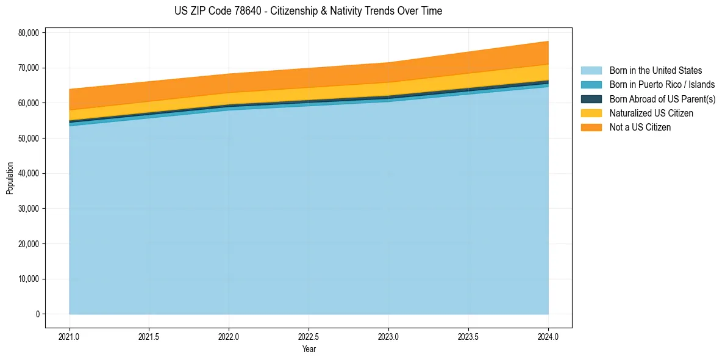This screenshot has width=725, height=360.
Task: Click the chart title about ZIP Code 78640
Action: pos(309,11)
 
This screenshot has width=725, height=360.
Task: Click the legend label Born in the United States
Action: pos(655,71)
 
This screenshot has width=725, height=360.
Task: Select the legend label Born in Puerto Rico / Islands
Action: pos(662,85)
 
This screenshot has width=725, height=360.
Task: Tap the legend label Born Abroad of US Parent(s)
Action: pos(662,99)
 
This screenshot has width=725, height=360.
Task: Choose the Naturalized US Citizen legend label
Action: pos(651,113)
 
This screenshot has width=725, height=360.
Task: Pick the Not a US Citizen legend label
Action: pos(640,128)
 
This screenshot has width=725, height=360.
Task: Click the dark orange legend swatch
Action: pos(591,128)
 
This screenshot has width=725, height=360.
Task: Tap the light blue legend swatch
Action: pos(591,71)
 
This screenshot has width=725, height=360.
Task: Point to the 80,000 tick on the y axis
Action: pos(28,32)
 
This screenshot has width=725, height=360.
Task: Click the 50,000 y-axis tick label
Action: pos(28,139)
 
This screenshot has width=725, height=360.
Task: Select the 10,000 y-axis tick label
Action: pos(28,279)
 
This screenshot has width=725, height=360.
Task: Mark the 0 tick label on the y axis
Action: pos(37,314)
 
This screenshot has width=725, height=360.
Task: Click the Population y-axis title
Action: pos(10,178)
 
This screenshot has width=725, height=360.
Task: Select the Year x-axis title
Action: pos(309,349)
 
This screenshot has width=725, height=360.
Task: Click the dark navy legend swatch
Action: pos(591,99)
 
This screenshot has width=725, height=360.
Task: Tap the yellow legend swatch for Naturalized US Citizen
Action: pos(591,113)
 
